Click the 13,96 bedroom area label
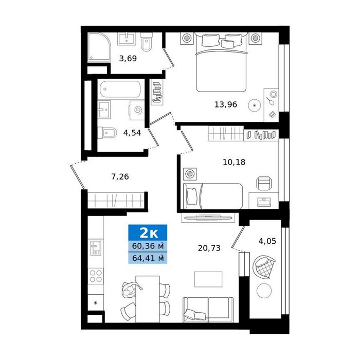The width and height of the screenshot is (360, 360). click(x=226, y=105)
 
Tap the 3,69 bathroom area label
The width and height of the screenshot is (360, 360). click(x=128, y=59)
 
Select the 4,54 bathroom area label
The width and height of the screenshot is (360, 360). click(x=132, y=133)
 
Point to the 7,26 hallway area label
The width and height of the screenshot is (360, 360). click(x=120, y=177)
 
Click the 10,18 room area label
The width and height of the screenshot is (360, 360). click(x=234, y=163)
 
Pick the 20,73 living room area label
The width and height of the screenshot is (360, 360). click(x=209, y=248)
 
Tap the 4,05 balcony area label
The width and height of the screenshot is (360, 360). click(x=267, y=241)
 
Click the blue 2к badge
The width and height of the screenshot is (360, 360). click(x=148, y=233)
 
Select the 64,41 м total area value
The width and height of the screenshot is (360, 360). click(x=148, y=258)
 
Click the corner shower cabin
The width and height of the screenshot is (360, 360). click(x=99, y=47)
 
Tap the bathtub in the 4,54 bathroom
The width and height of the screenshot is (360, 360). click(x=120, y=89)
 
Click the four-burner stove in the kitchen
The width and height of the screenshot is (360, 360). click(x=96, y=276)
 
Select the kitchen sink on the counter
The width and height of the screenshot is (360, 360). click(x=96, y=248)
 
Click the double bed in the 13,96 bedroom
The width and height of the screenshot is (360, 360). click(x=221, y=62)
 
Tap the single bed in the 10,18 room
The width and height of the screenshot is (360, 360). click(x=213, y=196)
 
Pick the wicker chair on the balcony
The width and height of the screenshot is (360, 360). click(x=264, y=267)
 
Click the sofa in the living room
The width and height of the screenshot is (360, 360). click(x=208, y=310)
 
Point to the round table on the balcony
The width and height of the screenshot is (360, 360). click(x=264, y=291)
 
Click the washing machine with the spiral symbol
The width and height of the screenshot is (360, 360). click(x=137, y=110)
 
